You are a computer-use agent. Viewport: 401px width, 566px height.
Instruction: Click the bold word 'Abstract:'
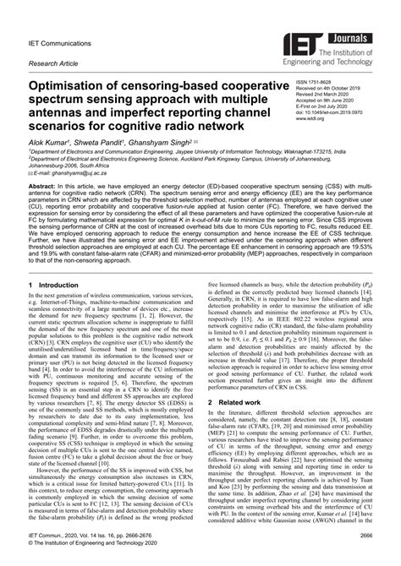pos(45,207)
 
